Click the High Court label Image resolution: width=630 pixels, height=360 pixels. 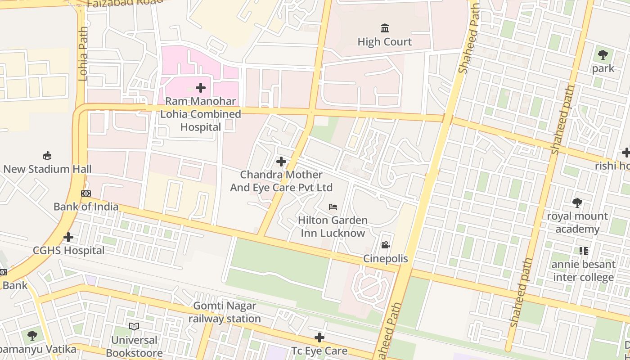pyautogui.click(x=384, y=42)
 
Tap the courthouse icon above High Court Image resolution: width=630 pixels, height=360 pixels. pyautogui.click(x=385, y=28)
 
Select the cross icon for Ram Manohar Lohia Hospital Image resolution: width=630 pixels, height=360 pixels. pyautogui.click(x=201, y=87)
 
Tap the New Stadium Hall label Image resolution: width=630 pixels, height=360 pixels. pyautogui.click(x=47, y=169)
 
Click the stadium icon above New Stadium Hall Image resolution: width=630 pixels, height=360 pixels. pyautogui.click(x=47, y=156)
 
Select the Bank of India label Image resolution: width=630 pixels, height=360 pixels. pyautogui.click(x=86, y=207)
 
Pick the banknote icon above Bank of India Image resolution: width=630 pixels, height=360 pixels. pyautogui.click(x=86, y=193)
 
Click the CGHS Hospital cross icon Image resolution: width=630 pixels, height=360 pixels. pyautogui.click(x=68, y=237)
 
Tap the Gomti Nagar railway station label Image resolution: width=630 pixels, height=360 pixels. pyautogui.click(x=225, y=312)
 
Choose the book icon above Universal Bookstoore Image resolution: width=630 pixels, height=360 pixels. pyautogui.click(x=134, y=326)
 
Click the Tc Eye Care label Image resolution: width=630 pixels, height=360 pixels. pyautogui.click(x=319, y=351)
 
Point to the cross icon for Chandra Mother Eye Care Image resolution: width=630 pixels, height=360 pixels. pyautogui.click(x=281, y=161)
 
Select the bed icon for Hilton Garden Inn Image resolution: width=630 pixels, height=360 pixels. pyautogui.click(x=333, y=207)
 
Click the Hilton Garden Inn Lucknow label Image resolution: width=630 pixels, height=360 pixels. pyautogui.click(x=333, y=227)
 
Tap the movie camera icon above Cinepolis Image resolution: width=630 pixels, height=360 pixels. pyautogui.click(x=385, y=245)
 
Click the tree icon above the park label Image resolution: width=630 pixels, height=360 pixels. pyautogui.click(x=603, y=55)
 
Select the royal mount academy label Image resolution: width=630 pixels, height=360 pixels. pyautogui.click(x=577, y=223)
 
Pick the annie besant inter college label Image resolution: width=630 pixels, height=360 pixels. pyautogui.click(x=584, y=271)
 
